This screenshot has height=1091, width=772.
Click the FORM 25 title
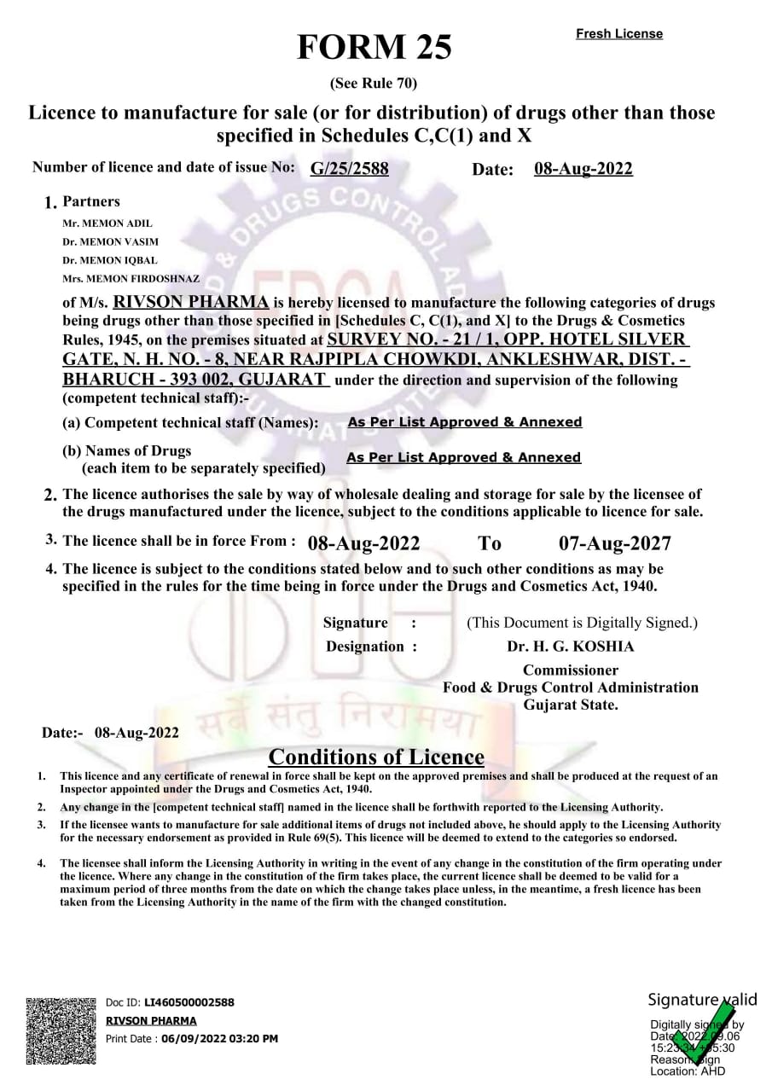pyautogui.click(x=374, y=48)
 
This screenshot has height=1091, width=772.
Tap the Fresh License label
pyautogui.click(x=618, y=34)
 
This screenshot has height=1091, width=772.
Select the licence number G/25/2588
pyautogui.click(x=349, y=169)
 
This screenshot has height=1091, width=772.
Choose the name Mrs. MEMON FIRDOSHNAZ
pyautogui.click(x=131, y=279)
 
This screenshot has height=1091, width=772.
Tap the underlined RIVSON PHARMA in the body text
pyautogui.click(x=192, y=302)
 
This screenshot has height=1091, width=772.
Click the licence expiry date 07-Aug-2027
pyautogui.click(x=614, y=543)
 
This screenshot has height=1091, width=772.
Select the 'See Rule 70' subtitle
pyautogui.click(x=373, y=84)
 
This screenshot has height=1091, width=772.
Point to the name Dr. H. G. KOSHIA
pyautogui.click(x=570, y=647)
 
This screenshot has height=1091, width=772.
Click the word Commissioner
pyautogui.click(x=570, y=670)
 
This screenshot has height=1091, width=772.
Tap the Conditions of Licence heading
pyautogui.click(x=376, y=757)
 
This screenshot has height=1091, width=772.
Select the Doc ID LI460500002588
pyautogui.click(x=189, y=1002)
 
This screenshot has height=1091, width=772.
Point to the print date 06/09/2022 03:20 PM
pyautogui.click(x=219, y=1038)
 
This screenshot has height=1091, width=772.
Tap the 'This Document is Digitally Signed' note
pyautogui.click(x=582, y=623)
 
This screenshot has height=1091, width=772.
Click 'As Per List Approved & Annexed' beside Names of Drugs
pyautogui.click(x=463, y=458)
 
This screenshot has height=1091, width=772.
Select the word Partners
pyautogui.click(x=91, y=202)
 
